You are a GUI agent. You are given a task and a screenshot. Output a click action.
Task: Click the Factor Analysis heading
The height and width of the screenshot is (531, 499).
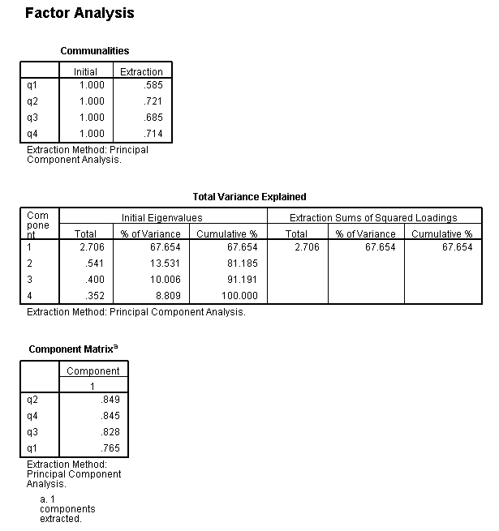coord(80,13)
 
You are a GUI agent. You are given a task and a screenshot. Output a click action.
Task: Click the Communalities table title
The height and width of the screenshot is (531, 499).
coord(95,51)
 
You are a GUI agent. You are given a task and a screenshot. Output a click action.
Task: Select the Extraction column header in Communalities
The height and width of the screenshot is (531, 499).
coord(141,71)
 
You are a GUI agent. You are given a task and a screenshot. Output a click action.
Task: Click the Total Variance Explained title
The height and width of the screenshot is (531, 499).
coord(249,196)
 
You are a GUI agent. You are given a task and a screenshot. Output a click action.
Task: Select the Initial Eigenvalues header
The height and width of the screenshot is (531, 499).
coord(162,217)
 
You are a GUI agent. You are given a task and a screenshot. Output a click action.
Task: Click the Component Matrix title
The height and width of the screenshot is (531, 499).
coord(71,349)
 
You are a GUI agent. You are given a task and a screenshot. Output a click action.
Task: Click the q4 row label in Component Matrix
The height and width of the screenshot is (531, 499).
coord(32,416)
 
